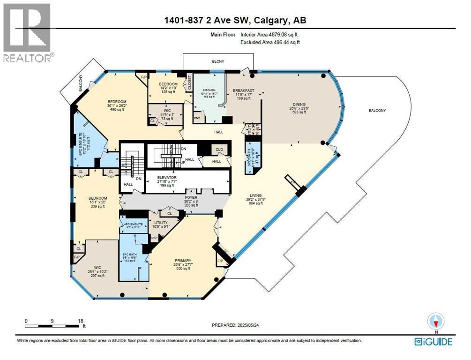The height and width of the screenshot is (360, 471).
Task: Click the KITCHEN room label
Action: (x=209, y=90)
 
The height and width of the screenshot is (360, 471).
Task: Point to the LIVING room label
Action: (x=255, y=195)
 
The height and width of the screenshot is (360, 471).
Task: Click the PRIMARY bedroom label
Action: (x=183, y=261)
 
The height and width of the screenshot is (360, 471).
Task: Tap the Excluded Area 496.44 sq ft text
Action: (x=270, y=42)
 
